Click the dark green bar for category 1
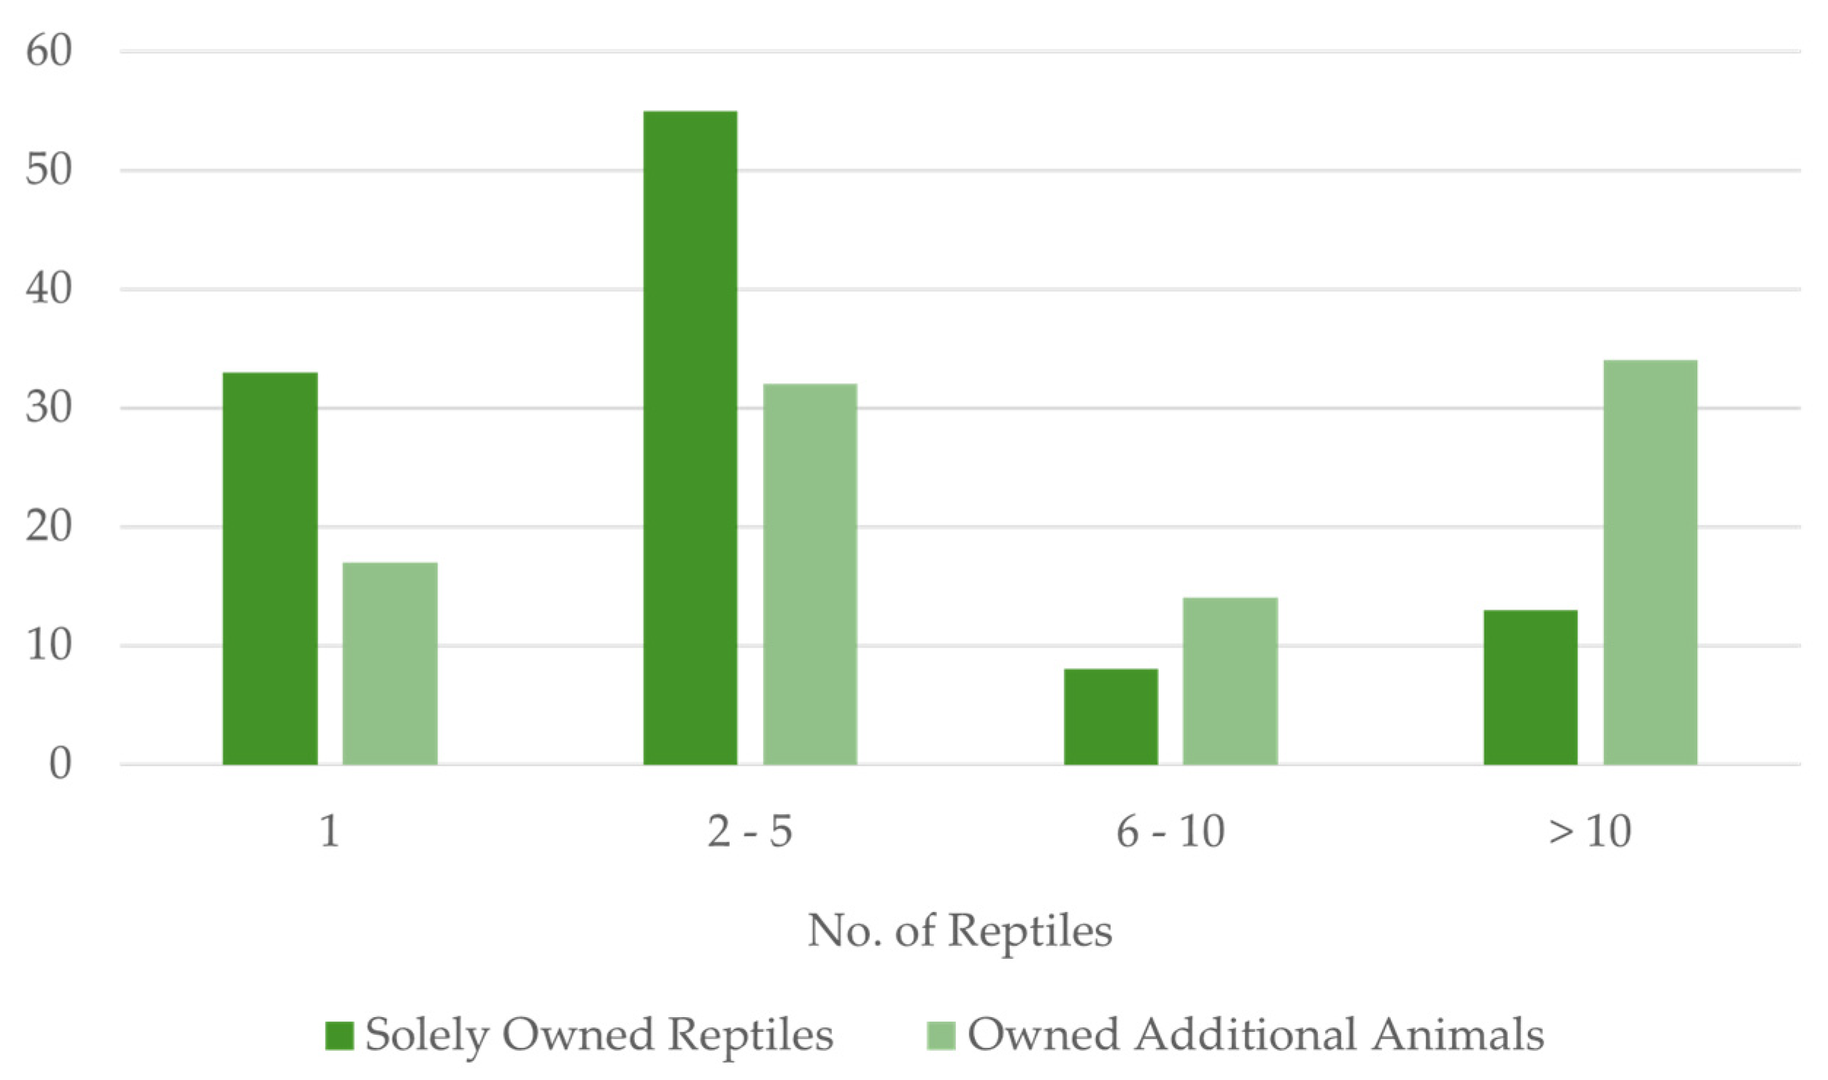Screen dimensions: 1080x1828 [x=270, y=568]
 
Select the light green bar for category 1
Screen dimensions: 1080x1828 [x=390, y=663]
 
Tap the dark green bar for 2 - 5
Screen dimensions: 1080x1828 [x=690, y=438]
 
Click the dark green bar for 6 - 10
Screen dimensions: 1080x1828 [x=1111, y=717]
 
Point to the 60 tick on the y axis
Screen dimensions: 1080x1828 [x=49, y=53]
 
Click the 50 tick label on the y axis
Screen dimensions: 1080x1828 [x=49, y=171]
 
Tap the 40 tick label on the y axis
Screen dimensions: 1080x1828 [x=49, y=290]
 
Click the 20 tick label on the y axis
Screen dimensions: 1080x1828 [x=49, y=527]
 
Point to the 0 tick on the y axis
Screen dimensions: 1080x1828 [x=60, y=765]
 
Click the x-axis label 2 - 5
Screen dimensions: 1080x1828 [x=749, y=831]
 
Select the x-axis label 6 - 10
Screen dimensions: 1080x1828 [x=1171, y=831]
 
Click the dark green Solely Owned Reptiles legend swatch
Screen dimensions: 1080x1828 [x=339, y=1035]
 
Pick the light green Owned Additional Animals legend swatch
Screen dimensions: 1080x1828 [x=941, y=1035]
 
